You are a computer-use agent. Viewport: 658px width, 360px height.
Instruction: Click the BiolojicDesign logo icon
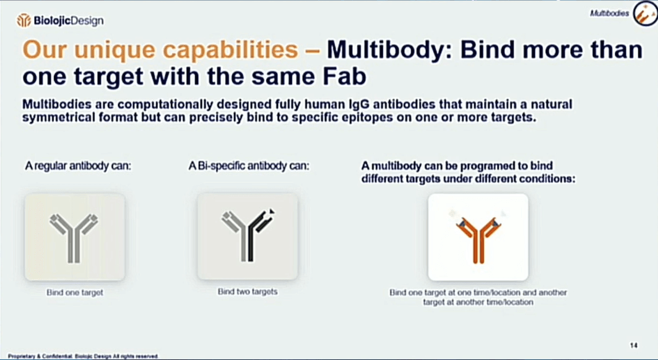click(24, 20)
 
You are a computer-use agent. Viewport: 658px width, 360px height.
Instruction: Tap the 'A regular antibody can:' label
click(78, 166)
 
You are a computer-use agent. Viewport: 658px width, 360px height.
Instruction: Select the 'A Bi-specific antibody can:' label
click(249, 166)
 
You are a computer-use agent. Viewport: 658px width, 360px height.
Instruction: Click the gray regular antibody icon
click(74, 238)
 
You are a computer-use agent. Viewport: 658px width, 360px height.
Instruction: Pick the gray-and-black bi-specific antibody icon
click(248, 236)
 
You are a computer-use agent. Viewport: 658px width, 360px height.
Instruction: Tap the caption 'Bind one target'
click(75, 293)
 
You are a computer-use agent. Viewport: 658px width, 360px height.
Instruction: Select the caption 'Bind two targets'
click(248, 291)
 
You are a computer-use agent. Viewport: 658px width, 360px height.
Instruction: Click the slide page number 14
click(634, 345)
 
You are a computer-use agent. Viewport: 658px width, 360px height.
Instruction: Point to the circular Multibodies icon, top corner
click(645, 14)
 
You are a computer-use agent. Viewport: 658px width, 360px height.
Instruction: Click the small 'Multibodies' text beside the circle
click(609, 14)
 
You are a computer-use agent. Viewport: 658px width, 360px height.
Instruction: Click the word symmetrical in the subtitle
click(59, 117)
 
